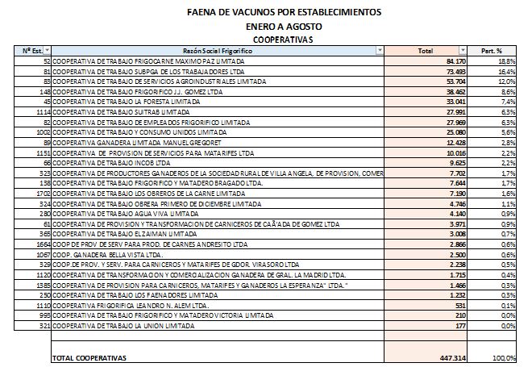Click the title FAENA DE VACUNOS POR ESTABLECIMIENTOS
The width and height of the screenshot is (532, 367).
point(272,13)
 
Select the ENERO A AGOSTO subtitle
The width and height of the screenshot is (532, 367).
point(272,26)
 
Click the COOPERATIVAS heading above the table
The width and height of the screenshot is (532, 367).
point(272,38)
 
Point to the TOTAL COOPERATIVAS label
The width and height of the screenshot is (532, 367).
point(89,357)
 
